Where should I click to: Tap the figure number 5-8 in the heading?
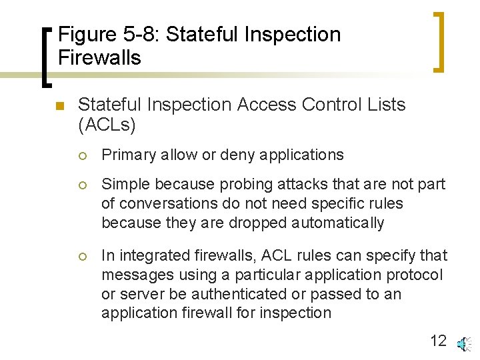coord(145,35)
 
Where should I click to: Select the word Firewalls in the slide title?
coord(99,58)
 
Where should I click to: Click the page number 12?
coord(438,341)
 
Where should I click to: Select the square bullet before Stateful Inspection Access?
coord(59,106)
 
